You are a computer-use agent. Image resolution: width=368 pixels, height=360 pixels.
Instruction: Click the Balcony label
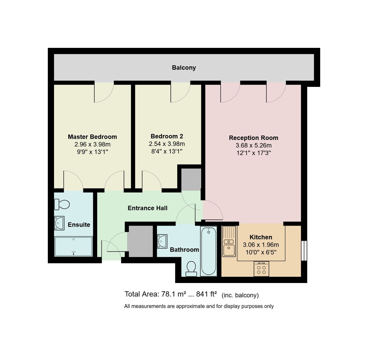click(184, 68)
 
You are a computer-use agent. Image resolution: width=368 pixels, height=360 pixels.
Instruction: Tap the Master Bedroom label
click(92, 137)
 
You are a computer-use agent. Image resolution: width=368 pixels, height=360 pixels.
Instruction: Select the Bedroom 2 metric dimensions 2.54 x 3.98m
click(167, 144)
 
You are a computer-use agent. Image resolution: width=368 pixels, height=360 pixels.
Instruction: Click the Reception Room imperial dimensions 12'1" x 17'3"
click(254, 153)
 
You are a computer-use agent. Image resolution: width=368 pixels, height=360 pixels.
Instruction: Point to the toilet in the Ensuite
click(62, 204)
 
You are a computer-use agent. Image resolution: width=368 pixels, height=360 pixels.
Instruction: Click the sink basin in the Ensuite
click(59, 223)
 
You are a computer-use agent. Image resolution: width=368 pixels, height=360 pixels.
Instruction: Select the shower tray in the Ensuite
click(73, 246)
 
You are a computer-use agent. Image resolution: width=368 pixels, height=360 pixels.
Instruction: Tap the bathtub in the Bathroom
click(209, 251)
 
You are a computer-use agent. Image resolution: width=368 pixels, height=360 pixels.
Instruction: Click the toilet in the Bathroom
click(191, 269)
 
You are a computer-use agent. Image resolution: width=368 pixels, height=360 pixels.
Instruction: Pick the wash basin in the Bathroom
click(162, 241)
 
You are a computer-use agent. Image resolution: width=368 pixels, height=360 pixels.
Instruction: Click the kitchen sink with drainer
click(229, 241)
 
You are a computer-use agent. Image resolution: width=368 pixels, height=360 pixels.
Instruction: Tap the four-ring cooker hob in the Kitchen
click(261, 269)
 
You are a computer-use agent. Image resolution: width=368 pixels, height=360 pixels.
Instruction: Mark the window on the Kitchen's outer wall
click(304, 251)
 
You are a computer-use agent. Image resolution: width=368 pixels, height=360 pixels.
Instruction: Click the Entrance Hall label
click(148, 208)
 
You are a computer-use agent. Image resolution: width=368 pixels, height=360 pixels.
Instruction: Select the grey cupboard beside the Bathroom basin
click(140, 241)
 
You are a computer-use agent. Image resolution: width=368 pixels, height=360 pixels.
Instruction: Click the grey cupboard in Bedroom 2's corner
click(191, 179)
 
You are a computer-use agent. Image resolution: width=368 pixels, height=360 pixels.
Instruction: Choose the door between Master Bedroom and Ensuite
click(73, 181)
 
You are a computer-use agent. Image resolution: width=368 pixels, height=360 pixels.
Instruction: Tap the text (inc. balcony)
click(240, 295)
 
